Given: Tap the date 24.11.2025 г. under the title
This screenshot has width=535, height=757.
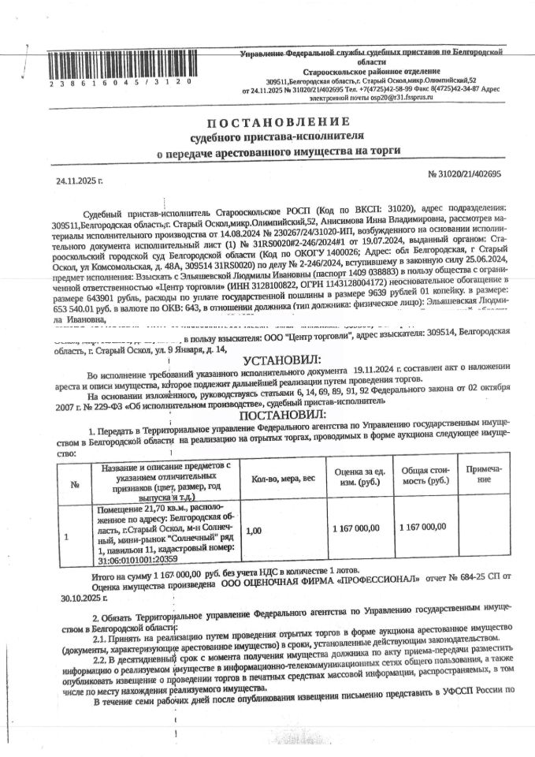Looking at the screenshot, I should tap(80, 181).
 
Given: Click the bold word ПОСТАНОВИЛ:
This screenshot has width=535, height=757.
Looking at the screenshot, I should tap(275, 415).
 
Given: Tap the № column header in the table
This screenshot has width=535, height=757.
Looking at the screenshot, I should tap(76, 484).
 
